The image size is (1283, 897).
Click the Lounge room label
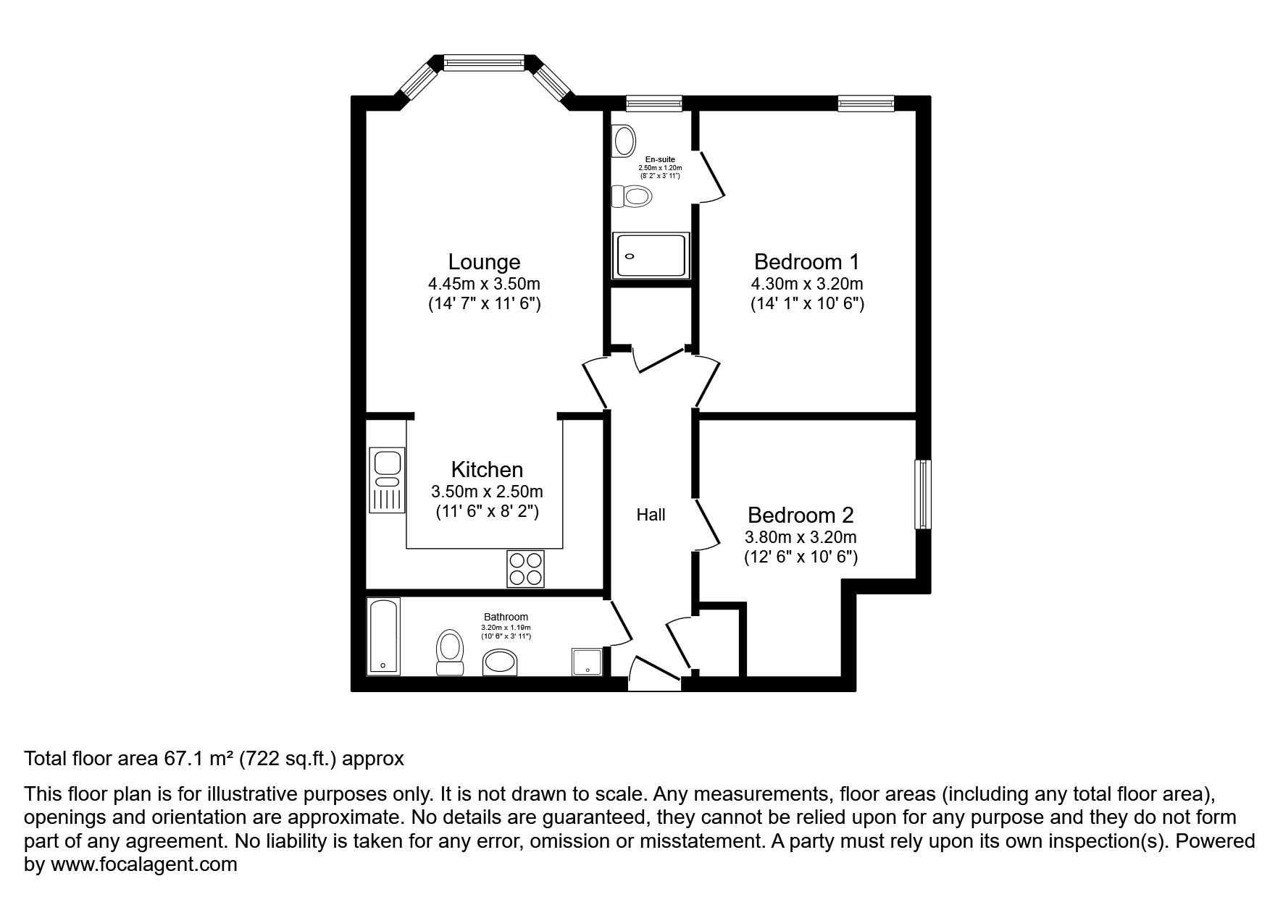click(x=484, y=261)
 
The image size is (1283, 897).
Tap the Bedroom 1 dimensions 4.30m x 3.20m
click(x=806, y=284)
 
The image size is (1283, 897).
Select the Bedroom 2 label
click(x=800, y=515)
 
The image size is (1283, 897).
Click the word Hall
click(x=651, y=515)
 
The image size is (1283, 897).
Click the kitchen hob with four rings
click(x=525, y=568)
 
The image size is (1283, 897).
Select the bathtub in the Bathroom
click(x=383, y=636)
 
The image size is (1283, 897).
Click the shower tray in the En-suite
click(x=650, y=255)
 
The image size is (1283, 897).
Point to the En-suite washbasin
click(x=622, y=140)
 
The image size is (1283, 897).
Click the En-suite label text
click(x=659, y=159)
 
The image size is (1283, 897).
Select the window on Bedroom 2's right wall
click(x=922, y=494)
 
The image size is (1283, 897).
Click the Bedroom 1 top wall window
click(x=866, y=104)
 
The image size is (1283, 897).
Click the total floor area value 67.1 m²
click(x=198, y=759)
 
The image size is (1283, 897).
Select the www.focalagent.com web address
click(x=143, y=864)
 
